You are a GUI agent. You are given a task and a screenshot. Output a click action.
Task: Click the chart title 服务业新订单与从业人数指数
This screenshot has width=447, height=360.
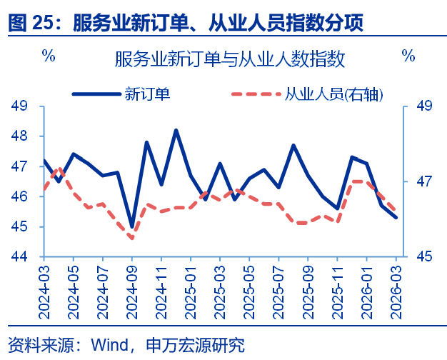(x=229, y=59)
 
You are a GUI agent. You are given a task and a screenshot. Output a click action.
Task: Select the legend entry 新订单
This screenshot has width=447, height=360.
(x=146, y=93)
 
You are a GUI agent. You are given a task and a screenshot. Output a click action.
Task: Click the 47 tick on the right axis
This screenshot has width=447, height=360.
(x=423, y=181)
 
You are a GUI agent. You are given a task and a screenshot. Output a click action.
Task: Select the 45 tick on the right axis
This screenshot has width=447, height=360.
(x=423, y=257)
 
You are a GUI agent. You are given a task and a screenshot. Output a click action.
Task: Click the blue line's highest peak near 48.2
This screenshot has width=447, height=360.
(x=176, y=130)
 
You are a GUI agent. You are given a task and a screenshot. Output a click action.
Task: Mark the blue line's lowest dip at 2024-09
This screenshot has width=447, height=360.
(x=132, y=226)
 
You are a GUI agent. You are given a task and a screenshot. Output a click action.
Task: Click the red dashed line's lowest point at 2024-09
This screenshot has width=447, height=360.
(x=132, y=238)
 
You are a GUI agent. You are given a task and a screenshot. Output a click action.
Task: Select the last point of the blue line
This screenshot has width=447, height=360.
(x=396, y=217)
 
